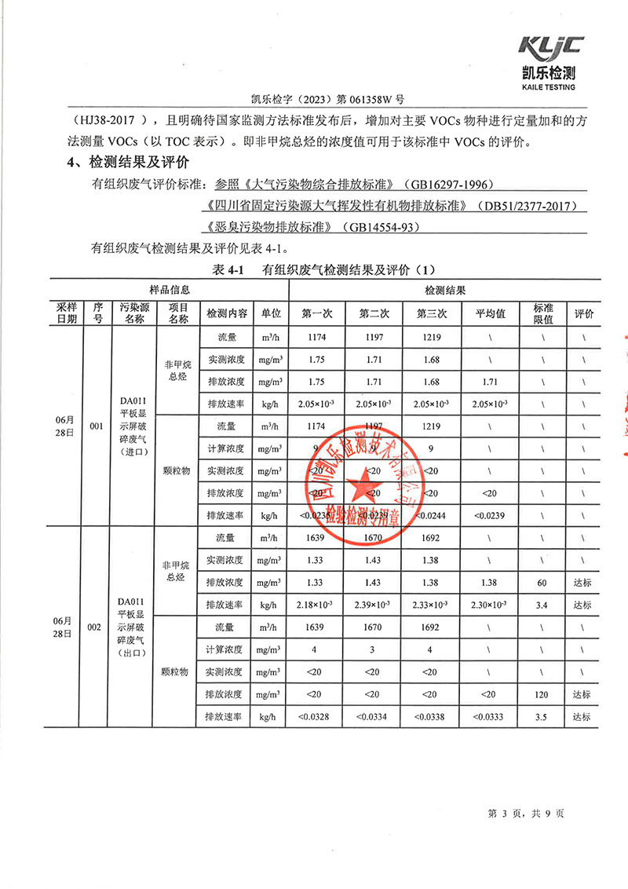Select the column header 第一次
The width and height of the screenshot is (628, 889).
pos(317,313)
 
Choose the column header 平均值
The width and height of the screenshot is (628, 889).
pos(489,313)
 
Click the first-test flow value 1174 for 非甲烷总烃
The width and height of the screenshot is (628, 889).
pos(317,338)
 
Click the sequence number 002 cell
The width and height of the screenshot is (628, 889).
pos(96,627)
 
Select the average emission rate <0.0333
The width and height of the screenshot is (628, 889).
pos(489,717)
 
